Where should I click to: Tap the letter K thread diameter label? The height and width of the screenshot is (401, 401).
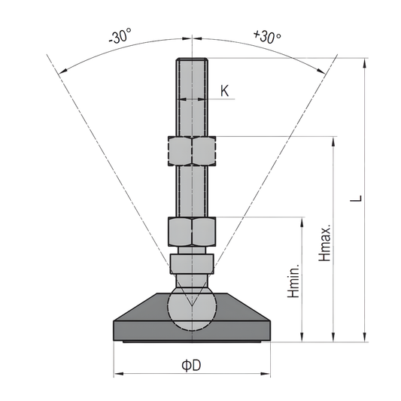[x=225, y=91]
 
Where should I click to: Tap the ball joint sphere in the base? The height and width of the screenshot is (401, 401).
[x=191, y=308]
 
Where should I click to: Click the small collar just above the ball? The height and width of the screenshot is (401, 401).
[x=191, y=263]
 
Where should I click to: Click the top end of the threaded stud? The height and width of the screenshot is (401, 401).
[x=191, y=63]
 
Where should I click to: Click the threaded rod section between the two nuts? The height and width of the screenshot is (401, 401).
[x=191, y=191]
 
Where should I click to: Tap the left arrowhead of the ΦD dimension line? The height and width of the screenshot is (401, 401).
[x=117, y=374]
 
